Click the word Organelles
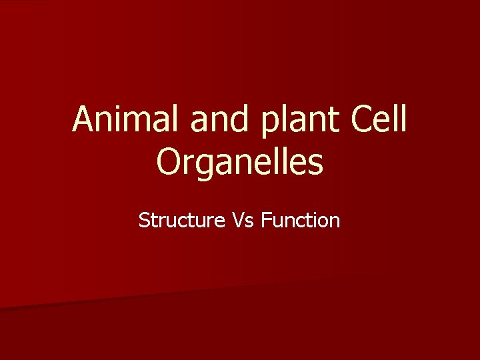pos(240,162)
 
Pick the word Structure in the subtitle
pos(181,220)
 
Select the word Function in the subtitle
pos(301,220)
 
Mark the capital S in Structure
pos(144,220)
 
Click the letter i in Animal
pos(123,119)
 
